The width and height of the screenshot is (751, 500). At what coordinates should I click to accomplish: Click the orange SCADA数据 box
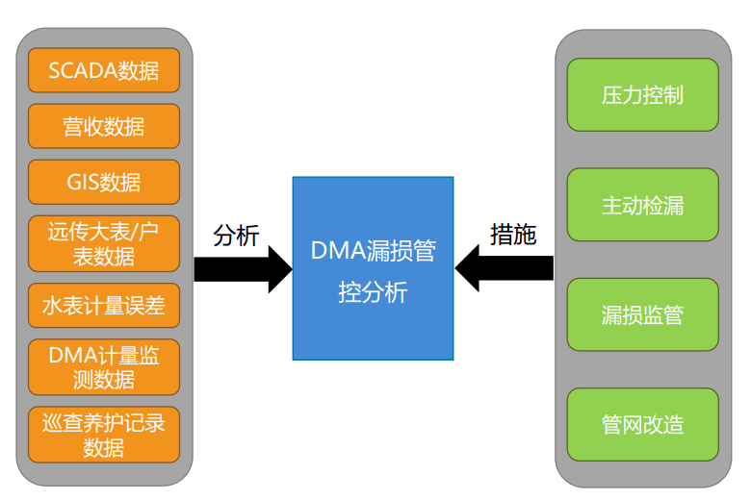(x=104, y=70)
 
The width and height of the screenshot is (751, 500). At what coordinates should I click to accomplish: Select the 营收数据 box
(x=104, y=126)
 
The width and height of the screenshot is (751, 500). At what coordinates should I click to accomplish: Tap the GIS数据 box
(x=104, y=182)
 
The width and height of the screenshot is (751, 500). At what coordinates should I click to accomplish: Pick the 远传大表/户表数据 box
(x=104, y=243)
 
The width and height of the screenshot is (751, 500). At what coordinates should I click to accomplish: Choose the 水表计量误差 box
(x=104, y=305)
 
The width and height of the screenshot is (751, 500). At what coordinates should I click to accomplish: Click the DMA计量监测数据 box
(x=104, y=367)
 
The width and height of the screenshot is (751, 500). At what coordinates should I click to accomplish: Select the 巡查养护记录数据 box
(x=104, y=435)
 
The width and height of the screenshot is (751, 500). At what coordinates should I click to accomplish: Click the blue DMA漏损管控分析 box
(x=374, y=268)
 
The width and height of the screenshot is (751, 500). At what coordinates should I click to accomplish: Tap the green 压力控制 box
(x=643, y=95)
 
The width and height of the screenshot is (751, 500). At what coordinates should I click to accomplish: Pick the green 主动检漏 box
(x=643, y=205)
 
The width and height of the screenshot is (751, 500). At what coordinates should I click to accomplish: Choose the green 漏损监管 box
(x=643, y=314)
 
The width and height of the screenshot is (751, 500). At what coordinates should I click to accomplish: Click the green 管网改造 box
(x=643, y=425)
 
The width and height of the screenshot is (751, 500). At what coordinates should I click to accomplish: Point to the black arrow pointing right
(x=244, y=269)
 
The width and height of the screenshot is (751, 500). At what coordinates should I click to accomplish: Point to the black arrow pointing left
(x=504, y=268)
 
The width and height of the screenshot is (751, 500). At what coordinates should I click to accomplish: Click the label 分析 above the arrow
(x=236, y=236)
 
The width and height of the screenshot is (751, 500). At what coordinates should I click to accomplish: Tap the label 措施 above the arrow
(x=513, y=235)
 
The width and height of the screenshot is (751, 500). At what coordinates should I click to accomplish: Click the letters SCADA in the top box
(x=83, y=71)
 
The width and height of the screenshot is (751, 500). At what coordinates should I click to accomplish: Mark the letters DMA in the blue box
(x=338, y=250)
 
